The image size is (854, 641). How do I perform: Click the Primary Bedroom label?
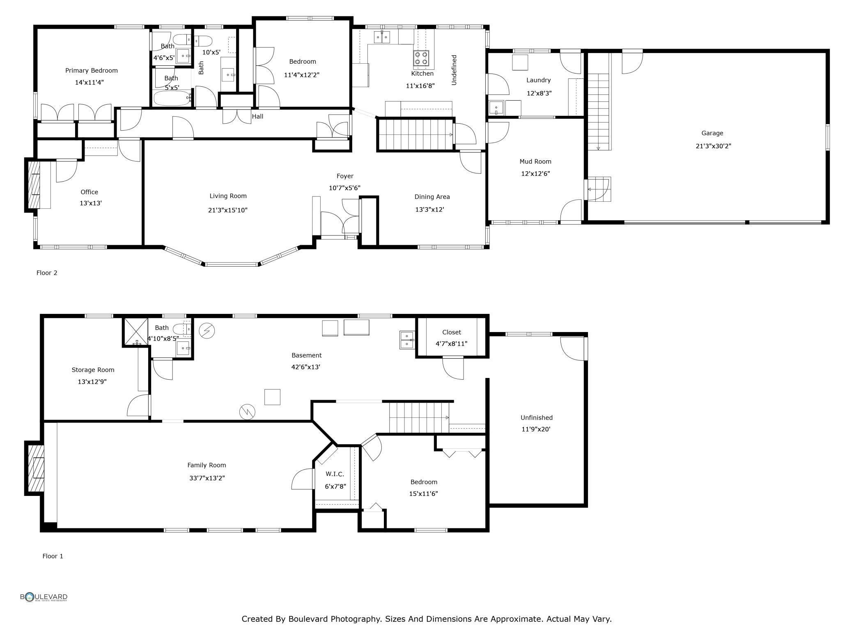coord(92,71)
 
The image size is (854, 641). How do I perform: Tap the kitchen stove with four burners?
coord(421,58)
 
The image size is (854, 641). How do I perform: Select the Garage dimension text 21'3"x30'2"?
coord(714,146)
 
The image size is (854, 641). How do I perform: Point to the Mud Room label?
coord(535,161)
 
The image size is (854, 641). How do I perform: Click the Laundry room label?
coord(539,80)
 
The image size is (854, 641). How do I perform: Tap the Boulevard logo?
coord(44,597)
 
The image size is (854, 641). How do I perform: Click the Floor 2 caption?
coord(47,273)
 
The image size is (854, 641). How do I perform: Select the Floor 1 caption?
coord(53,556)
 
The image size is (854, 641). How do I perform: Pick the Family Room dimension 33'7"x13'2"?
coord(207,478)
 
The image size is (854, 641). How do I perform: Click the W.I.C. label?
coord(335,474)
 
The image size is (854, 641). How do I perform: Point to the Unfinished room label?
coord(537,418)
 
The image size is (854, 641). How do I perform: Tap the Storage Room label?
coord(93,370)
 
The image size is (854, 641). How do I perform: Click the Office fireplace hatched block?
coord(33,185)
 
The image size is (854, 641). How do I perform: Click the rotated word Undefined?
coord(454,70)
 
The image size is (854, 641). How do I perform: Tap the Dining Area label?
coord(432,197)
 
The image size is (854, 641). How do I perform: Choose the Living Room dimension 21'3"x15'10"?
coord(228,210)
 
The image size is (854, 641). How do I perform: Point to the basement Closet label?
coord(452,332)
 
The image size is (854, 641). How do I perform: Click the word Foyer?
coord(345,176)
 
